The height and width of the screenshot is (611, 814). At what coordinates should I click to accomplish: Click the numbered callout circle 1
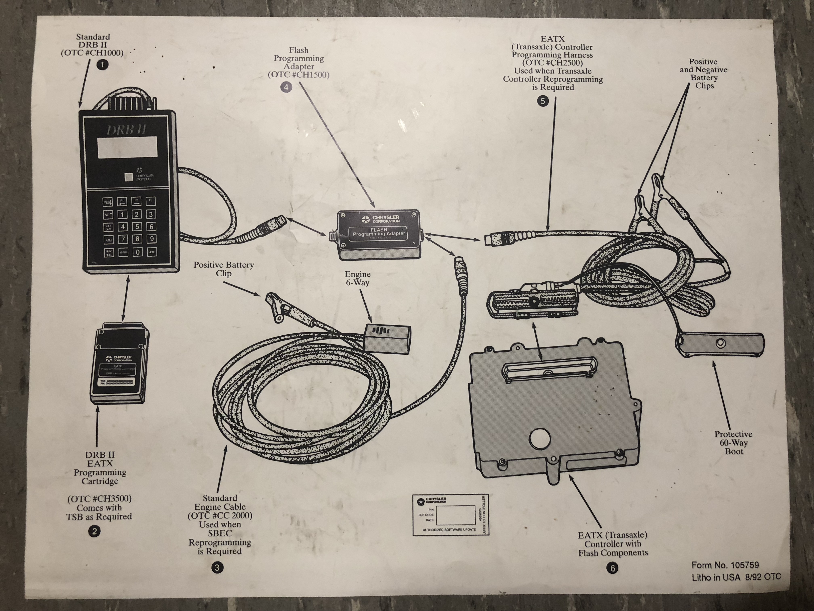(x=102, y=65)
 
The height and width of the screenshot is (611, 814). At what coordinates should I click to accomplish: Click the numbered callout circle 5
(x=543, y=101)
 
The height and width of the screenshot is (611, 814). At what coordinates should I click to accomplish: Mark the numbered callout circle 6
(x=612, y=568)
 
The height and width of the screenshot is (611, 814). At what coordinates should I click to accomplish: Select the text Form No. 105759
(x=725, y=565)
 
